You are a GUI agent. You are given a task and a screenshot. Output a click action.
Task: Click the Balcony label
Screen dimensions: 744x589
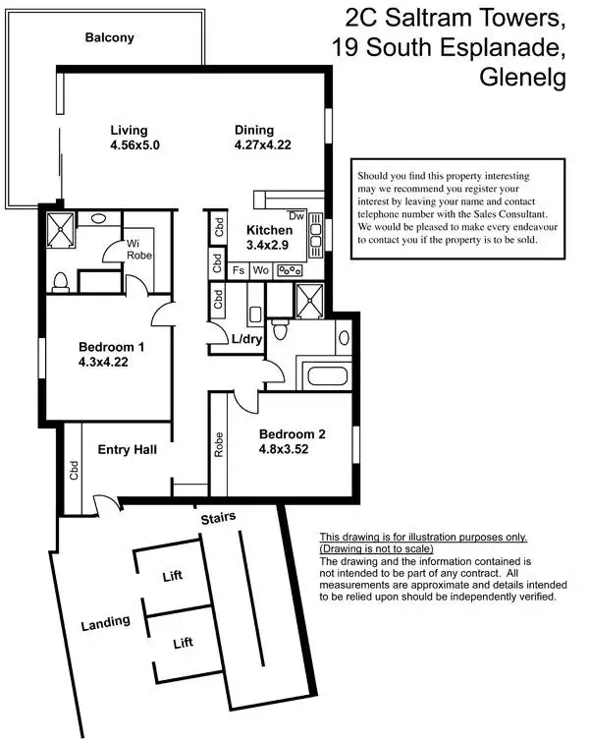pos(109,38)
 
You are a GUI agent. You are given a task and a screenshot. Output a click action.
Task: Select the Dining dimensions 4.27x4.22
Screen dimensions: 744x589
pos(263,144)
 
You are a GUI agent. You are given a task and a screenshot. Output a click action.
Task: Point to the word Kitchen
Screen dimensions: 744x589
pos(257,230)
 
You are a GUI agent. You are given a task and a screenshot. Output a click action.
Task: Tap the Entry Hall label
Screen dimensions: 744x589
pos(128,449)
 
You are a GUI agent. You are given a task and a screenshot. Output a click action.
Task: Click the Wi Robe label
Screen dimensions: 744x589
pos(137,247)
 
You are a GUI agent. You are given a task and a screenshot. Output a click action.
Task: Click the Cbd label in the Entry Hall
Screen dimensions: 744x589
pos(74,471)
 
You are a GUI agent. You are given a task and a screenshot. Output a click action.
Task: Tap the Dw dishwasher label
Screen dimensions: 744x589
pos(295,215)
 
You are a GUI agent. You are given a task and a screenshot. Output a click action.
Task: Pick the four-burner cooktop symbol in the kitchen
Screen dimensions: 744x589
pos(290,269)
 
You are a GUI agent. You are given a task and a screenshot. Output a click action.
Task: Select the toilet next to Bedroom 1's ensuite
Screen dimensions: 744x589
pos(61,281)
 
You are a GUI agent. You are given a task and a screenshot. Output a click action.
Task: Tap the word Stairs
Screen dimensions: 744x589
pos(218,517)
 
